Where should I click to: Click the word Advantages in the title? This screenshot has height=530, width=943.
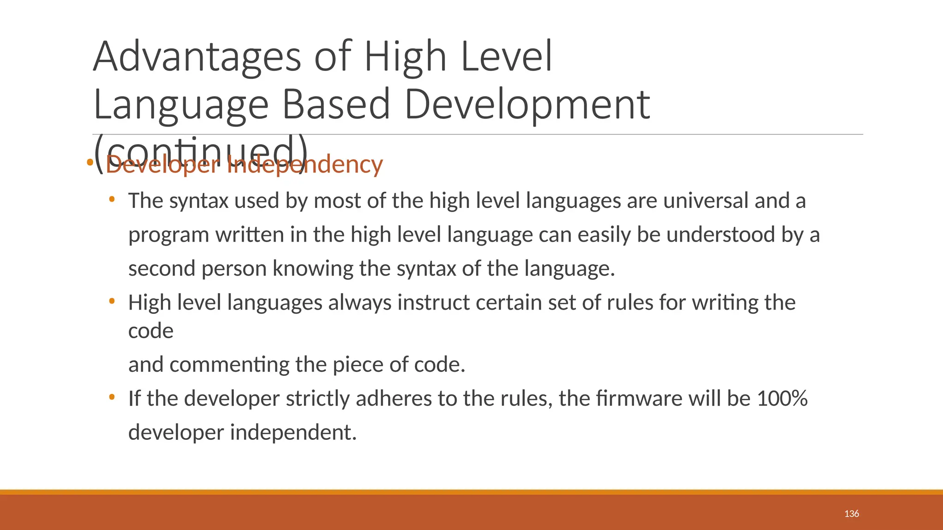click(x=197, y=58)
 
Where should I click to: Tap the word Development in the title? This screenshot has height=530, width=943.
click(x=527, y=105)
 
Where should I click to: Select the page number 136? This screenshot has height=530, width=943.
click(x=851, y=513)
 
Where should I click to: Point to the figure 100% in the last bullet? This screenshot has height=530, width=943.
click(x=782, y=398)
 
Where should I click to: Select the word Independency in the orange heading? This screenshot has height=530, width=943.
click(x=305, y=165)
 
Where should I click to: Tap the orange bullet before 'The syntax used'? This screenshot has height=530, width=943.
click(x=111, y=200)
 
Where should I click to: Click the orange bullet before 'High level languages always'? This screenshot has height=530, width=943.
click(x=111, y=301)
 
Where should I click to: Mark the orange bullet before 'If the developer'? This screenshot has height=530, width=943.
click(x=111, y=397)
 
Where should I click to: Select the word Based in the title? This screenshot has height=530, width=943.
click(x=336, y=105)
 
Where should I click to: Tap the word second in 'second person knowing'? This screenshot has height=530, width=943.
click(x=162, y=269)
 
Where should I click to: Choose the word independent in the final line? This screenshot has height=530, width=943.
click(x=293, y=432)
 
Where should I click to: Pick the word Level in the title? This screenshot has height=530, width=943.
click(x=506, y=58)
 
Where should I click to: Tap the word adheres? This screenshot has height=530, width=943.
click(x=394, y=398)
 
